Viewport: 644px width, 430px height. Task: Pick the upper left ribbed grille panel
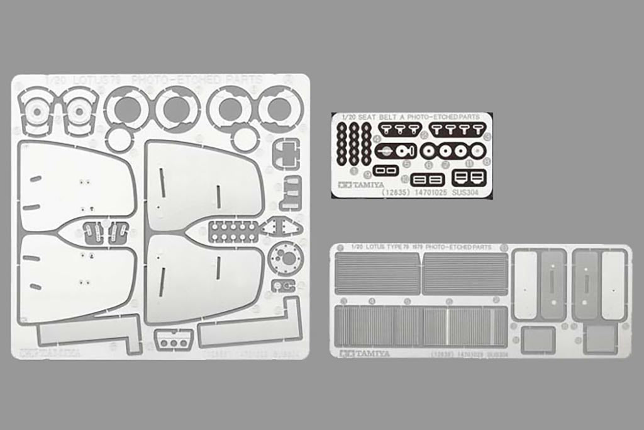(x=377, y=273)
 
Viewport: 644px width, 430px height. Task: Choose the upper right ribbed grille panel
(x=465, y=274)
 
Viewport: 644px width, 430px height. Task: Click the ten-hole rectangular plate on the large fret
(x=233, y=231)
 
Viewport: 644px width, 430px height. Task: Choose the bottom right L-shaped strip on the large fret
(x=252, y=331)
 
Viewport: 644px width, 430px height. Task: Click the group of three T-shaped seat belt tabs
(x=403, y=130)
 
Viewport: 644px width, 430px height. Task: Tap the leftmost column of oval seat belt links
(x=341, y=143)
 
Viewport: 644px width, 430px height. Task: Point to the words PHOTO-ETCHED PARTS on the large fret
(x=198, y=80)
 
